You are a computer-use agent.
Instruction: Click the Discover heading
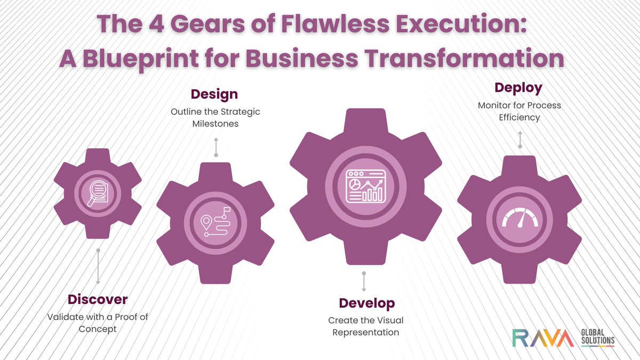click(98, 299)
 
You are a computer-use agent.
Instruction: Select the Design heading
click(214, 94)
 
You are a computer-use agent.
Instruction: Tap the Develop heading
click(367, 303)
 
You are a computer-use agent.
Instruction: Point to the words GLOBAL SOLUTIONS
click(597, 337)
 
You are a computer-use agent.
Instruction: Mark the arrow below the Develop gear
click(364, 281)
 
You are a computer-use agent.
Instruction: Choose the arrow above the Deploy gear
click(520, 140)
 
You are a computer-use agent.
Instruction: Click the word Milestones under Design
click(215, 124)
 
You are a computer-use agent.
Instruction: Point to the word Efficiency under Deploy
click(519, 117)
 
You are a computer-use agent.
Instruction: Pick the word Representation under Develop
click(366, 332)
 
